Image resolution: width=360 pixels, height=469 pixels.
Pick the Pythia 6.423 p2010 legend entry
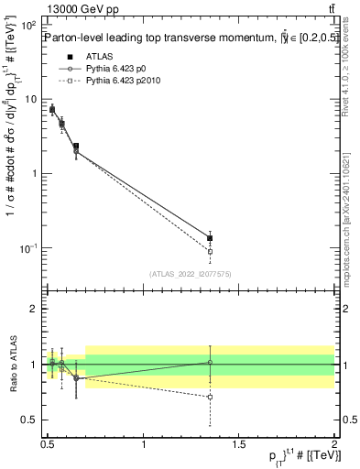pyautogui.click(x=127, y=82)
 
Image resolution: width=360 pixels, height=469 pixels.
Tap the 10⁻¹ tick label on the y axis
pyautogui.click(x=28, y=248)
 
